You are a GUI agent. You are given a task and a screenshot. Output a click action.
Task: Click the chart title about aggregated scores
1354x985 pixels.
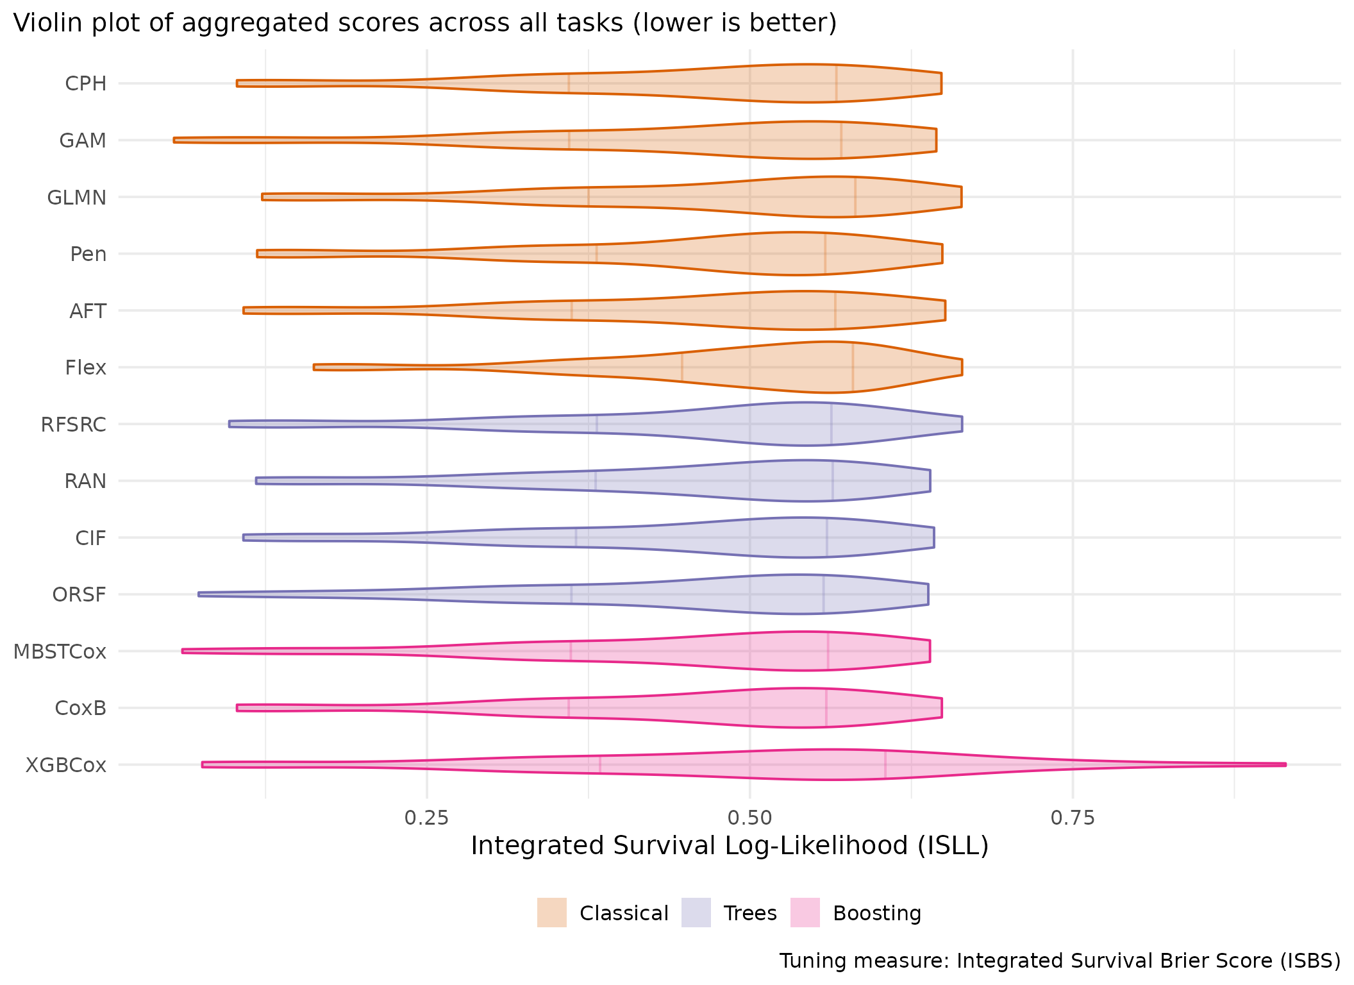point(424,23)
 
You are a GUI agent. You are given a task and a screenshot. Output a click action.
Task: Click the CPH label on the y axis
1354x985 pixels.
point(86,83)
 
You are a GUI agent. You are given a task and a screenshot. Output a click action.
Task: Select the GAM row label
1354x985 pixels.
point(83,140)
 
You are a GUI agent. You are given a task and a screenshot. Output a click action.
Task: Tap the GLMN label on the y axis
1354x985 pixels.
point(77,198)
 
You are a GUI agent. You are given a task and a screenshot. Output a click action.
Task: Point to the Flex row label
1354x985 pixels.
point(85,367)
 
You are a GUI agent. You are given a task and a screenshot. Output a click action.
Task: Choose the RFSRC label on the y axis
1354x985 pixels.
point(74,425)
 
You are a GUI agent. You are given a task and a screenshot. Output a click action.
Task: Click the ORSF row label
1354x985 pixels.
point(79,595)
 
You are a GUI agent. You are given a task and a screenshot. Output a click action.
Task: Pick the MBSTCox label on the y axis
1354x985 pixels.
point(60,652)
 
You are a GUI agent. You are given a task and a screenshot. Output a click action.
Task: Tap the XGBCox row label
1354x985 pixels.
point(65,765)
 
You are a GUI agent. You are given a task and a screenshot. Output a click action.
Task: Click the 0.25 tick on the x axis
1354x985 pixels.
point(427,818)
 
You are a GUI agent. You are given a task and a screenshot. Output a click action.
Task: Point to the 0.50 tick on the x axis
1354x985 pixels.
point(749,818)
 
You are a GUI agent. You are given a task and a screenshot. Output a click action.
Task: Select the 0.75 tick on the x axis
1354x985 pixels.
point(1073,818)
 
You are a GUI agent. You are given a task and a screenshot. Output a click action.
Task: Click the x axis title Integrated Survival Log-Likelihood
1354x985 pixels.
point(730,846)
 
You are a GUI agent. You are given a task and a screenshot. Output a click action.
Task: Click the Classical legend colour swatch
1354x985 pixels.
point(552,913)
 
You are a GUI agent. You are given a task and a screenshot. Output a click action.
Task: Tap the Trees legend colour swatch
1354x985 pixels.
point(696,913)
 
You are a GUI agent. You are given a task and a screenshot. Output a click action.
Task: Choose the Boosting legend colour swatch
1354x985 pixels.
point(805,913)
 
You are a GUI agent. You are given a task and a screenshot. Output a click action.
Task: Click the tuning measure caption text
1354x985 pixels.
point(1060,961)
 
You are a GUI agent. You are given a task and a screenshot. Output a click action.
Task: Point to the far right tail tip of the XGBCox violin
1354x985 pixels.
point(1285,764)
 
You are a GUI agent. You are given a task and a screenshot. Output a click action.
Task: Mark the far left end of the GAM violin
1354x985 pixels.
point(175,140)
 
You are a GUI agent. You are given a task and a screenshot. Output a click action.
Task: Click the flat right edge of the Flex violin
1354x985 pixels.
point(962,367)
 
